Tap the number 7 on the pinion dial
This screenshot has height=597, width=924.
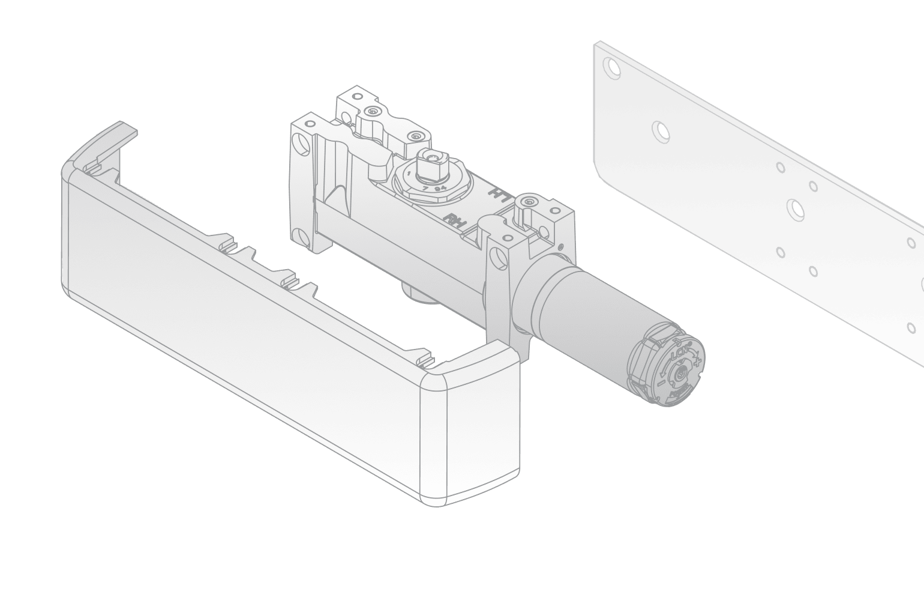pos(424,189)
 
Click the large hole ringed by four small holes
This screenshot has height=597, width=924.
pos(796,208)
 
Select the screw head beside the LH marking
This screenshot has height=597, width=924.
pos(527,202)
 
